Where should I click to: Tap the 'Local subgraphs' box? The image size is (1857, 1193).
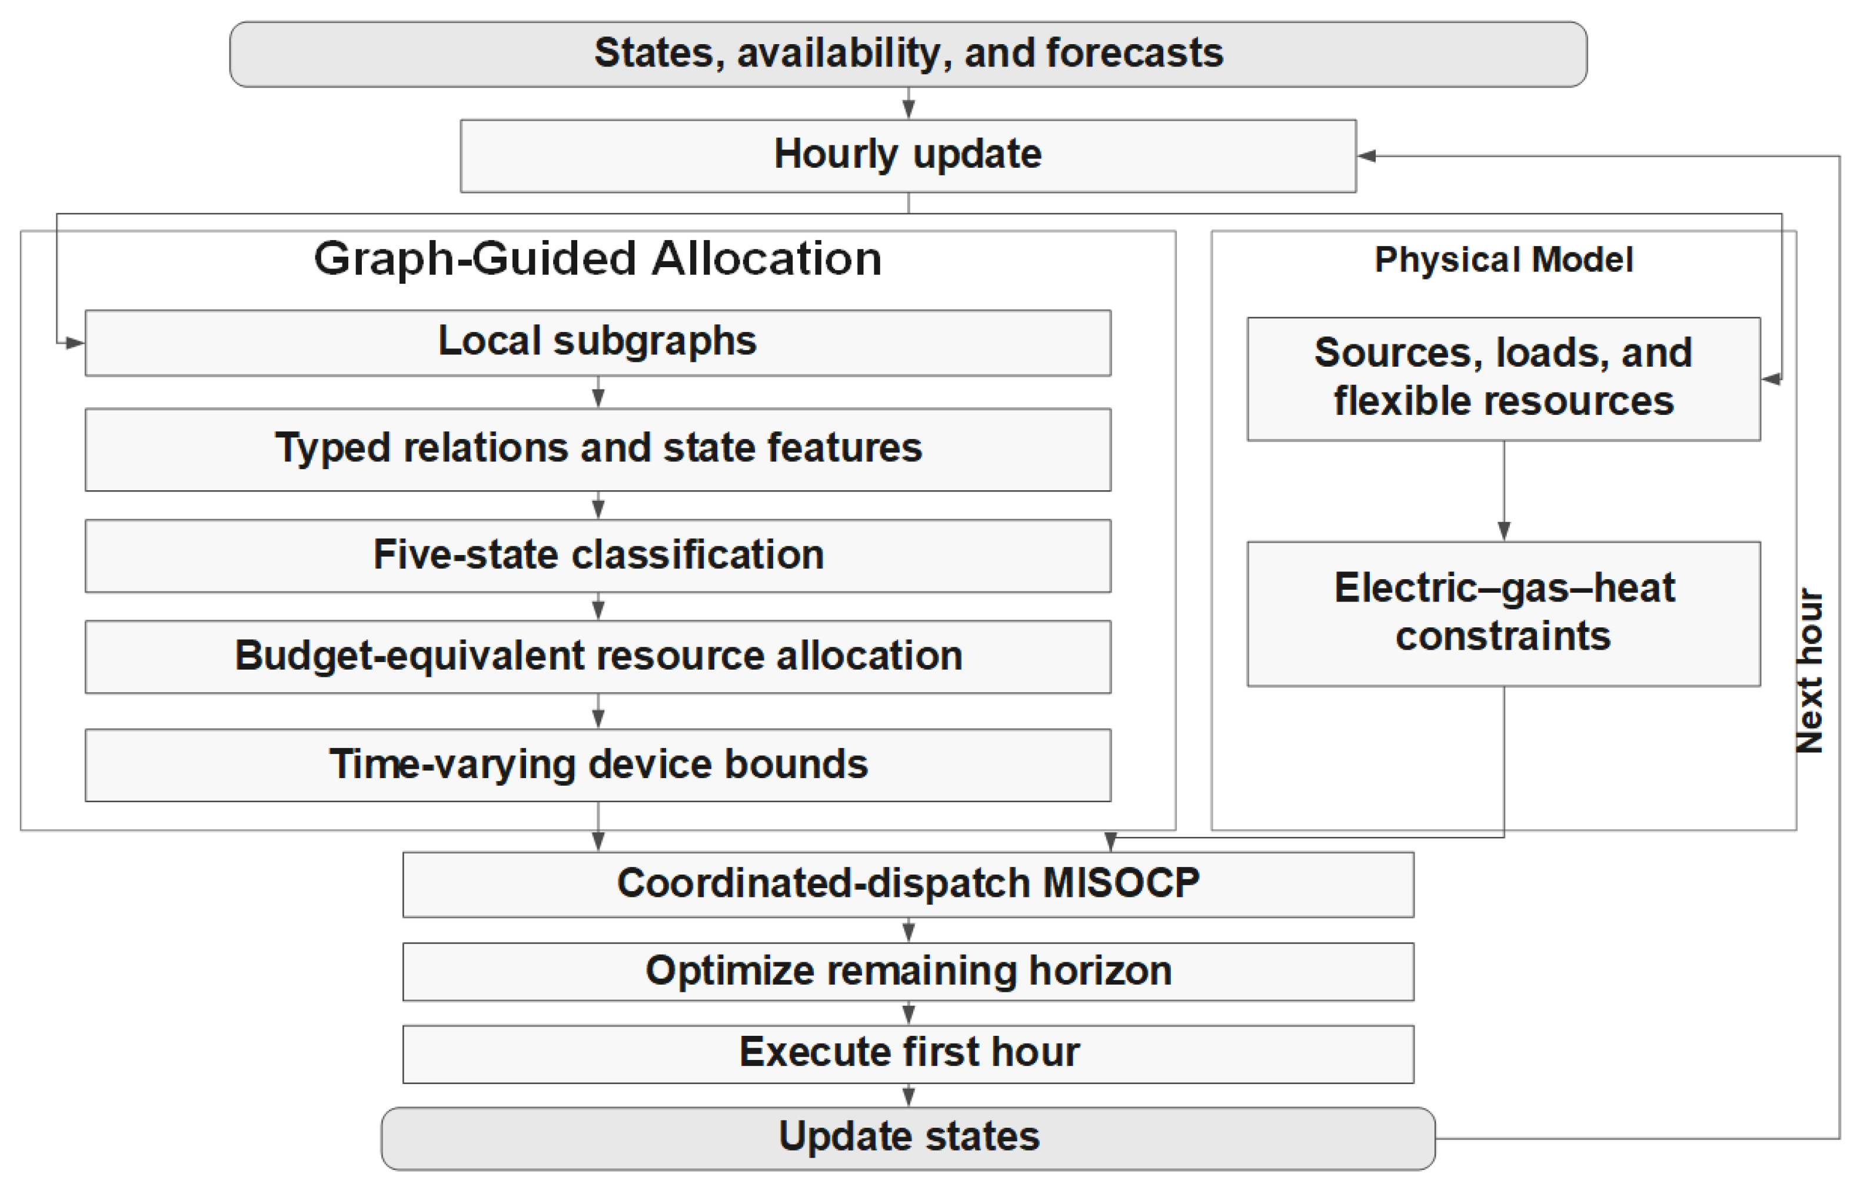coord(598,343)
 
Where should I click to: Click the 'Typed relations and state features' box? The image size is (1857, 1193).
coord(598,449)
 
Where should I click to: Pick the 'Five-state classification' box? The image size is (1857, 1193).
coord(598,556)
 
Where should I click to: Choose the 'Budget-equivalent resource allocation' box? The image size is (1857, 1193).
coord(598,656)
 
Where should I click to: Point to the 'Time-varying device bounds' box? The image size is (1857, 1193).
coord(598,765)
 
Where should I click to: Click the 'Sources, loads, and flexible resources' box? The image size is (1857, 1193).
coord(1503,379)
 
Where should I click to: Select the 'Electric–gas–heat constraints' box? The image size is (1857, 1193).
coord(1503,613)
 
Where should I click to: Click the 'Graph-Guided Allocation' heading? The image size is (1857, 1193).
coord(598,259)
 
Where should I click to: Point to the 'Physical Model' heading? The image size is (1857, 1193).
coord(1503,260)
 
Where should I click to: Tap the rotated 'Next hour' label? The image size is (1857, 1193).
coord(1809,671)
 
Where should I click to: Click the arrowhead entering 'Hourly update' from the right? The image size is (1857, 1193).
coord(1366,156)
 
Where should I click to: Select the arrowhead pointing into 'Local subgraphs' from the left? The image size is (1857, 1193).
coord(75,343)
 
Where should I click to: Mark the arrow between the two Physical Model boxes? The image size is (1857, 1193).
coord(1504,491)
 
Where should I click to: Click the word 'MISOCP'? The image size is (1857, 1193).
coord(1120,883)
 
